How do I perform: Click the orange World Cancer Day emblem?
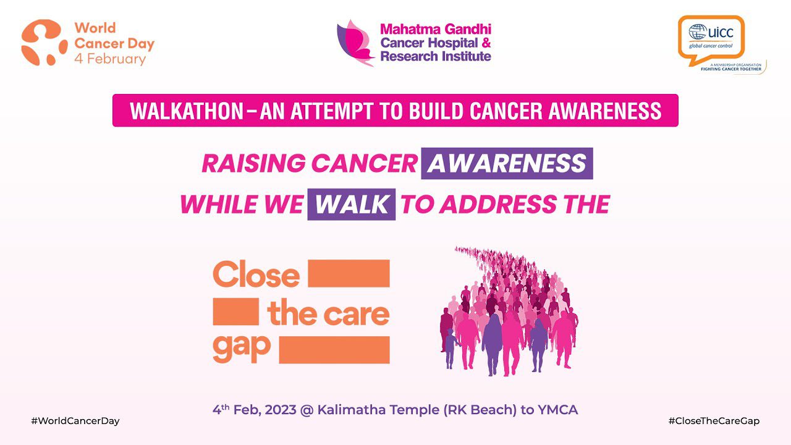(44, 43)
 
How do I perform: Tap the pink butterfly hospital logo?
(355, 42)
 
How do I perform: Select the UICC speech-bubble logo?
(711, 38)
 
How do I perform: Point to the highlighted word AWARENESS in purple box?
(507, 164)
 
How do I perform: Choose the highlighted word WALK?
(351, 205)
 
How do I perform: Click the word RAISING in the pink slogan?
(253, 164)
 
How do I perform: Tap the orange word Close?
(256, 275)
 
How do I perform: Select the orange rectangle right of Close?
(349, 273)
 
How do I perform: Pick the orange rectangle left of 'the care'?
(235, 311)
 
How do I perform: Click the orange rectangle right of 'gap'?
(334, 350)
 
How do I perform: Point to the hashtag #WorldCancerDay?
(75, 421)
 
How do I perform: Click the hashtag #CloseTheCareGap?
(714, 421)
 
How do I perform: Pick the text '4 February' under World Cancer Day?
(110, 59)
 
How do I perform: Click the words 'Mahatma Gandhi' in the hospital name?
(436, 29)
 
